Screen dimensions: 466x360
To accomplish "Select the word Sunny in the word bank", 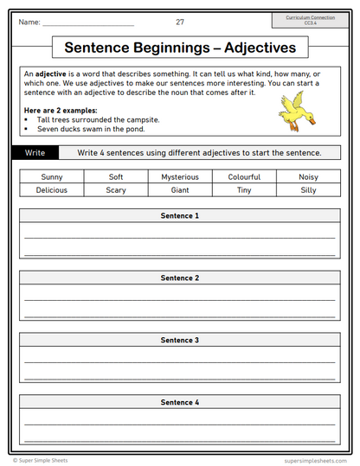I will pyautogui.click(x=51, y=176).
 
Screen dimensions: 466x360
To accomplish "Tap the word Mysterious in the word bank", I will pyautogui.click(x=179, y=176).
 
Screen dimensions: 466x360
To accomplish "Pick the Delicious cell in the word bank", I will pyautogui.click(x=51, y=190).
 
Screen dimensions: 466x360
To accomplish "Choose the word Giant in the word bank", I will pyautogui.click(x=179, y=190).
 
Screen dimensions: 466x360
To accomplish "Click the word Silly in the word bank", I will pyautogui.click(x=307, y=190).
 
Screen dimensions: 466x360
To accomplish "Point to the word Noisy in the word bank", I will pyautogui.click(x=307, y=176).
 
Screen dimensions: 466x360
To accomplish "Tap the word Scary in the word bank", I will pyautogui.click(x=115, y=190).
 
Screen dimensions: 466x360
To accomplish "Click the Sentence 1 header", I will pyautogui.click(x=179, y=215).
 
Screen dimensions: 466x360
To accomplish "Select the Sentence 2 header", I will pyautogui.click(x=179, y=278).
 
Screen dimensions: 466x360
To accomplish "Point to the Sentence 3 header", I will pyautogui.click(x=179, y=340).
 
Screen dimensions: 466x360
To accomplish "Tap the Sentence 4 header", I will pyautogui.click(x=179, y=402).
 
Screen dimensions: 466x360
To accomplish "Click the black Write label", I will pyautogui.click(x=35, y=153).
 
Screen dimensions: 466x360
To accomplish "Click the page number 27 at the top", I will pyautogui.click(x=179, y=22).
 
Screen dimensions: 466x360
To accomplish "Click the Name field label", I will pyautogui.click(x=29, y=22).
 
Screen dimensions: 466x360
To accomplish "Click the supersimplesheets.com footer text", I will pyautogui.click(x=316, y=461).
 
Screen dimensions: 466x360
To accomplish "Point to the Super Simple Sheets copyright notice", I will pyautogui.click(x=43, y=461).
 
